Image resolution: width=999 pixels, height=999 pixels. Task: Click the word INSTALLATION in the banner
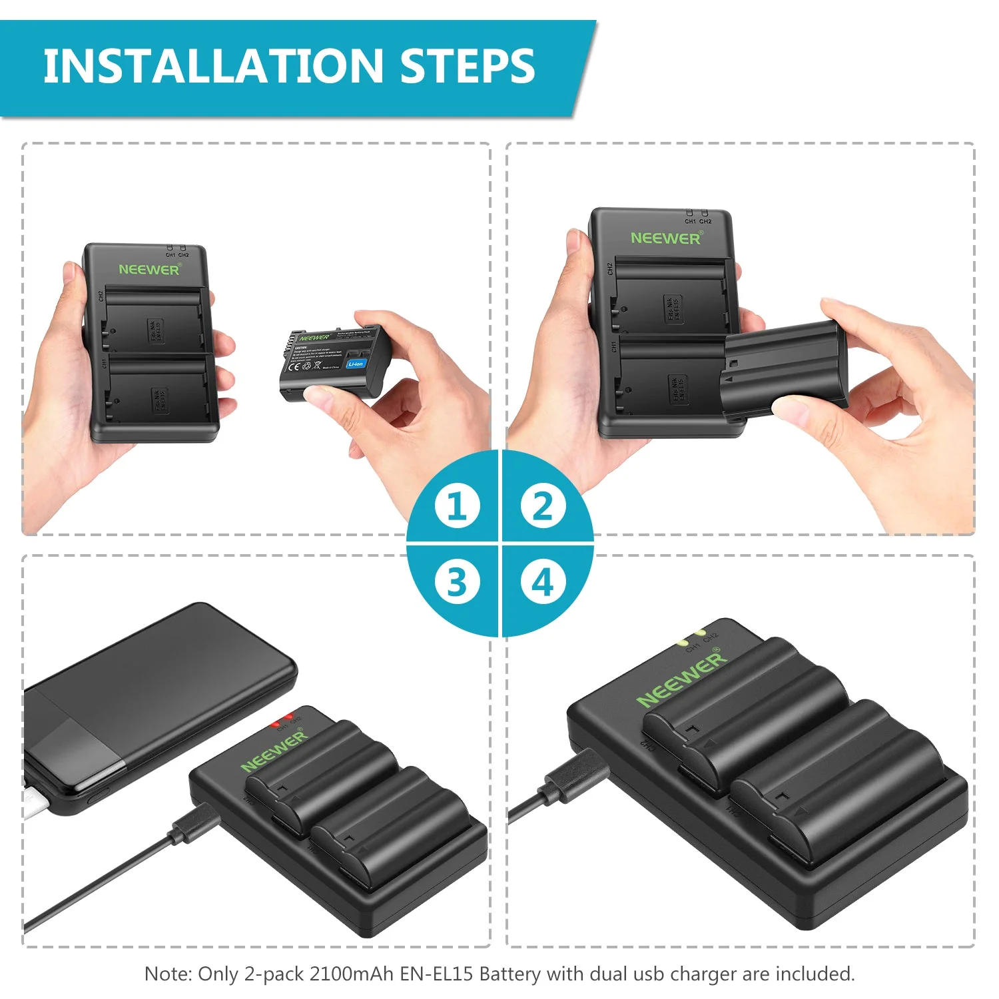click(x=212, y=66)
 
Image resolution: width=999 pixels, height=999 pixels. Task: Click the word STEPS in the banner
click(x=468, y=66)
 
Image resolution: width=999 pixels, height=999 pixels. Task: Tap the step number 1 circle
click(x=457, y=505)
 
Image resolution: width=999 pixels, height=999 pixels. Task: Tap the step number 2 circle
click(x=543, y=505)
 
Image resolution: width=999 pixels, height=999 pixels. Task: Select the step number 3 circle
click(x=457, y=582)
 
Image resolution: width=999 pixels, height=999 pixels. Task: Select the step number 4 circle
click(x=543, y=582)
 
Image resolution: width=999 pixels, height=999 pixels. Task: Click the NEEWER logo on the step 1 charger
click(x=149, y=270)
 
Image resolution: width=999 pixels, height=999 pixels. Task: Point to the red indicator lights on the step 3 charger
click(x=282, y=721)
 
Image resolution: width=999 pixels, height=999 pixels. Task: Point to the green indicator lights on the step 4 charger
click(x=690, y=637)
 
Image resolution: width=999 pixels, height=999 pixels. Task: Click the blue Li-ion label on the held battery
click(x=356, y=364)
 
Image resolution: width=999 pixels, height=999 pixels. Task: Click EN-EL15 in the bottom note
click(x=436, y=974)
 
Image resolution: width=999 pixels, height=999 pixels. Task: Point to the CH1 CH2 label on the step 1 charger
click(x=177, y=254)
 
